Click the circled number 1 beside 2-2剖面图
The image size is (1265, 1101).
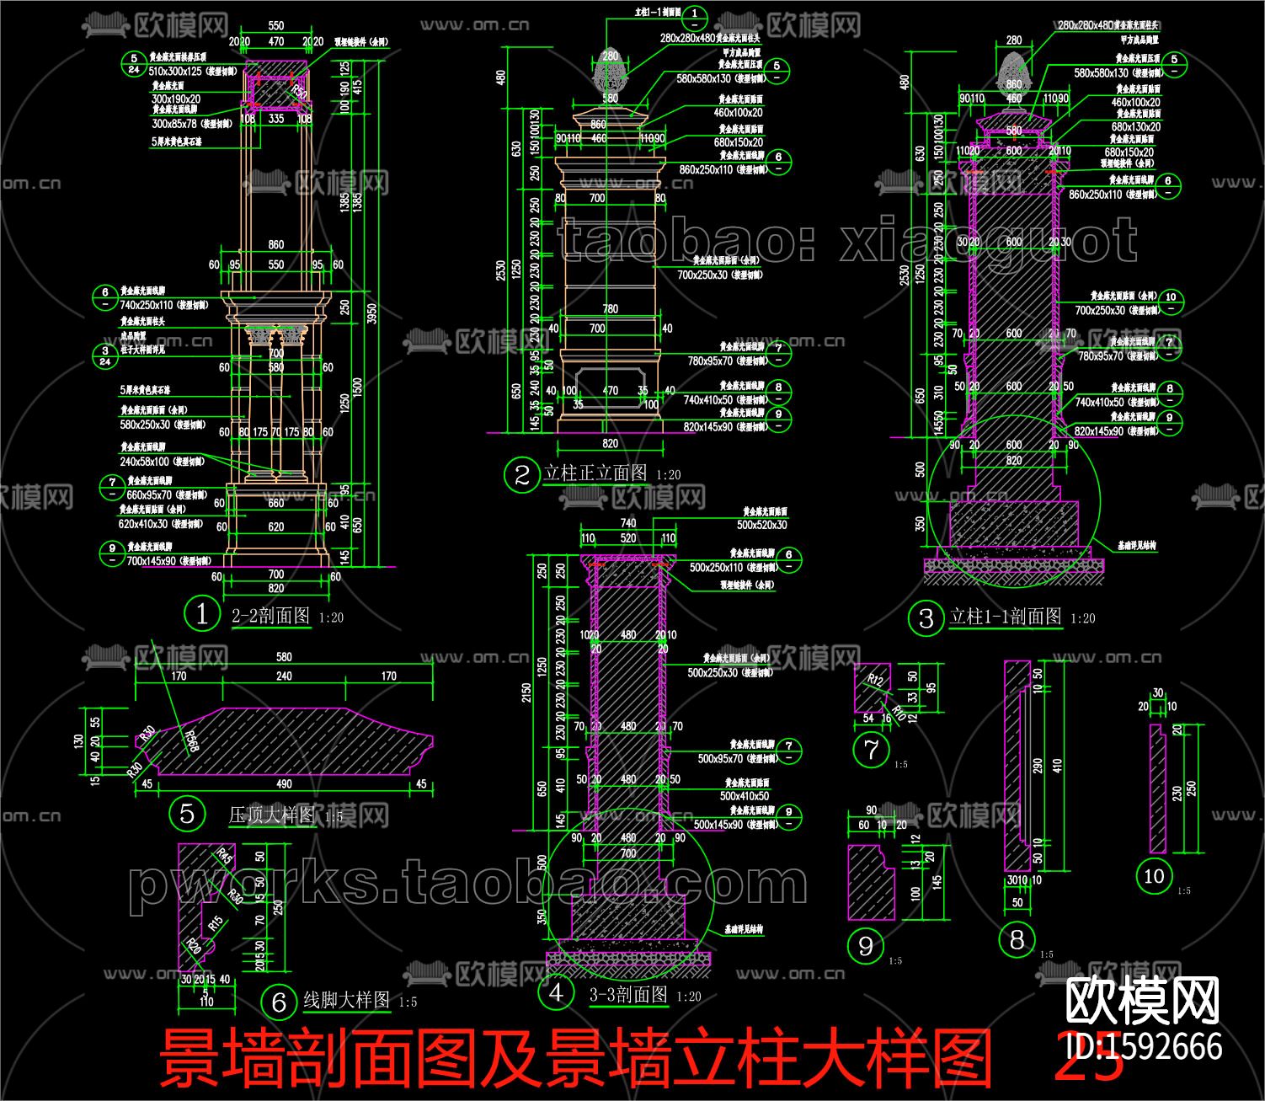pyautogui.click(x=201, y=613)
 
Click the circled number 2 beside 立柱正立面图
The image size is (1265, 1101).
pyautogui.click(x=520, y=475)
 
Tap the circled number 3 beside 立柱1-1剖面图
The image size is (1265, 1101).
pyautogui.click(x=926, y=618)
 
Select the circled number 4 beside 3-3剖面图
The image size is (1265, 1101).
pyautogui.click(x=556, y=993)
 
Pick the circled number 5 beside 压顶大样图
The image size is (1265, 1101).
pyautogui.click(x=186, y=814)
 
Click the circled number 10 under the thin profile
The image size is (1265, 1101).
pyautogui.click(x=1153, y=876)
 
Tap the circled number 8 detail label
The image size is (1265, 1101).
pyautogui.click(x=1017, y=939)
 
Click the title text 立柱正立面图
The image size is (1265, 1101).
pyautogui.click(x=595, y=473)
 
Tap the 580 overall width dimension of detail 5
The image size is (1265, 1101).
pyautogui.click(x=284, y=657)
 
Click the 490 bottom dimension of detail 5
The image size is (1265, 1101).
pyautogui.click(x=284, y=784)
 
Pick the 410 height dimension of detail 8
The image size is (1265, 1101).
pyautogui.click(x=1058, y=767)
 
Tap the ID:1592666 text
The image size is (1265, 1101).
pyautogui.click(x=1144, y=1046)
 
